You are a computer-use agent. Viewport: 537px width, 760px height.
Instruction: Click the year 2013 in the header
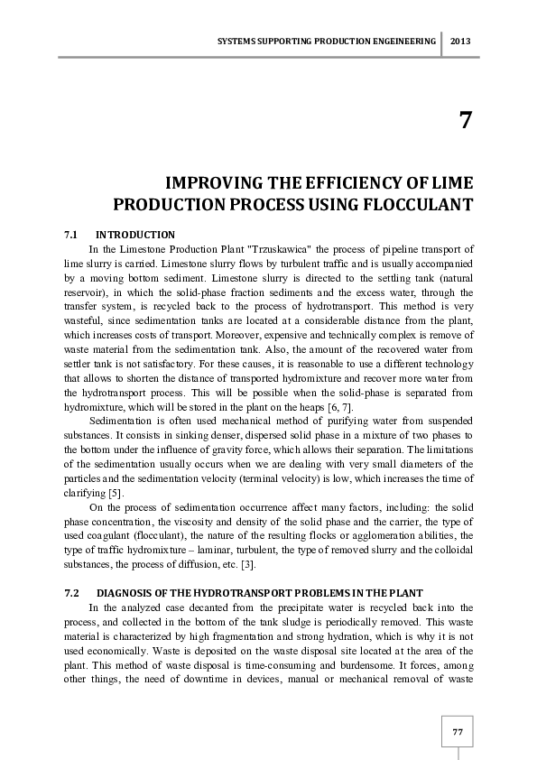[x=459, y=42]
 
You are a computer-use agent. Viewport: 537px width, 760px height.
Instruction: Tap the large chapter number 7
[x=465, y=121]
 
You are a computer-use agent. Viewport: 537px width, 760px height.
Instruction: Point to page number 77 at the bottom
[x=458, y=730]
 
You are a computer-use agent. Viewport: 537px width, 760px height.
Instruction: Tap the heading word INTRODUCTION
[x=135, y=235]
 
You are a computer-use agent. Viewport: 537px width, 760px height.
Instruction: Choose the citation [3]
[x=256, y=564]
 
